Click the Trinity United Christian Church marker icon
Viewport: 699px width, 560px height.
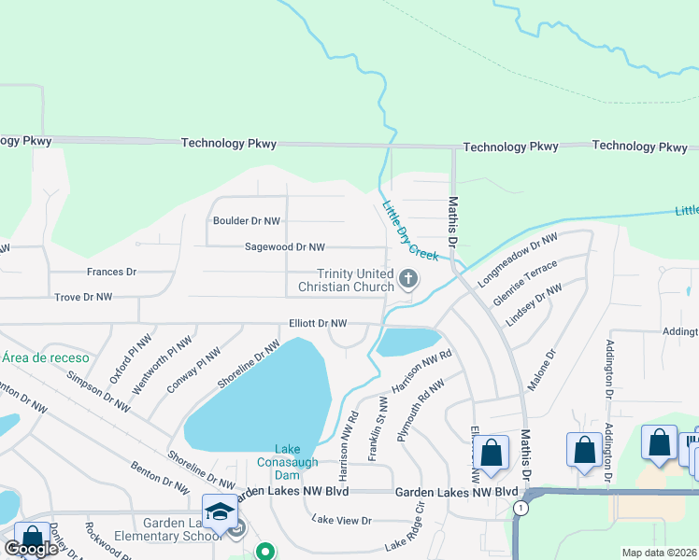click(408, 278)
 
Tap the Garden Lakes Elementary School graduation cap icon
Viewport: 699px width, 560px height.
click(221, 512)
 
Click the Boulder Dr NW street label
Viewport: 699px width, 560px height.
click(247, 221)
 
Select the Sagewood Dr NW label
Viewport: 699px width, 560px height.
click(284, 247)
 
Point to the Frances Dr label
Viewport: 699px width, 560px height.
click(111, 272)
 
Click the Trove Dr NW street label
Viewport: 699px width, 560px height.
click(83, 297)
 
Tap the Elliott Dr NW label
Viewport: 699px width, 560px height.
click(318, 323)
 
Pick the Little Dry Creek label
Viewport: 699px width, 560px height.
click(408, 231)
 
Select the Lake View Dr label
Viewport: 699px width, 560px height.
click(341, 520)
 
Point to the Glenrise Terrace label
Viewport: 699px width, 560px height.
click(525, 277)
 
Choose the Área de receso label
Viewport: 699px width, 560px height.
click(45, 357)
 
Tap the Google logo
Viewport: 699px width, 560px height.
click(31, 548)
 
